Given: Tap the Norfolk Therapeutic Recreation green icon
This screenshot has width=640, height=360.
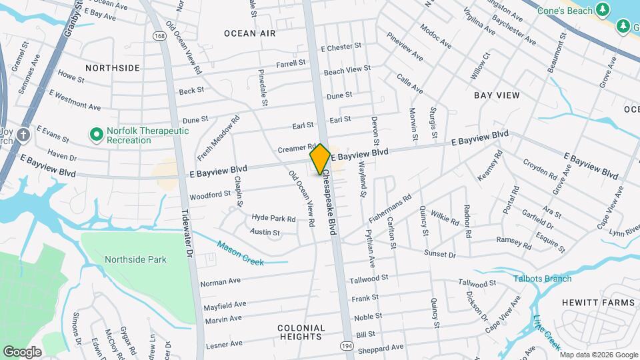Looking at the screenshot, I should pyautogui.click(x=97, y=135).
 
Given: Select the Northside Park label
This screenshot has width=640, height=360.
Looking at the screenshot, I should pyautogui.click(x=135, y=259).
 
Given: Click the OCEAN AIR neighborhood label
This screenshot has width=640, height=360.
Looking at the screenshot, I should pyautogui.click(x=249, y=33).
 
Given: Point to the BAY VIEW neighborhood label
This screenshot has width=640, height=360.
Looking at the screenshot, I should pyautogui.click(x=497, y=95).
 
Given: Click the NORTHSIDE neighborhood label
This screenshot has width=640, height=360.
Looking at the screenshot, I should pyautogui.click(x=113, y=68).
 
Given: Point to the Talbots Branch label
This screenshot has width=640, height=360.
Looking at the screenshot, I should pyautogui.click(x=542, y=279).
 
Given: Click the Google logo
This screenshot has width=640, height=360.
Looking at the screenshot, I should pyautogui.click(x=22, y=351).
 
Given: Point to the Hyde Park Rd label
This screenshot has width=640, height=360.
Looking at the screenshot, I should pyautogui.click(x=273, y=218).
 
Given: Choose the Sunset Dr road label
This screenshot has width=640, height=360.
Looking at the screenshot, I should pyautogui.click(x=440, y=255).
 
